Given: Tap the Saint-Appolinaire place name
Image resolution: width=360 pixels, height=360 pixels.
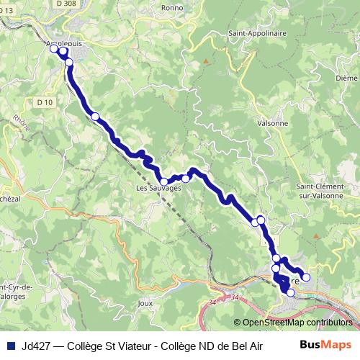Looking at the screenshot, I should (x=256, y=33).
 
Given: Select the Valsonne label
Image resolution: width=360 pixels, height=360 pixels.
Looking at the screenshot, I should (x=272, y=123).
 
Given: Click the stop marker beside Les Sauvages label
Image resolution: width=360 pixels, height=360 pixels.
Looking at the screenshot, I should (x=164, y=181).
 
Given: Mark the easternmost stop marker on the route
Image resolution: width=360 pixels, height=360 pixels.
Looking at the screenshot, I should (x=305, y=277).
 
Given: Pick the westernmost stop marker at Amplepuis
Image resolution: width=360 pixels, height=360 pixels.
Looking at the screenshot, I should (x=53, y=49).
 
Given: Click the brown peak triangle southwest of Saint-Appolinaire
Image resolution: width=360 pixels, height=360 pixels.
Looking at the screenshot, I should (x=205, y=61).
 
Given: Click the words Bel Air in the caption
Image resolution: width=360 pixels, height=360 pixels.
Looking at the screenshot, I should (x=248, y=345).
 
